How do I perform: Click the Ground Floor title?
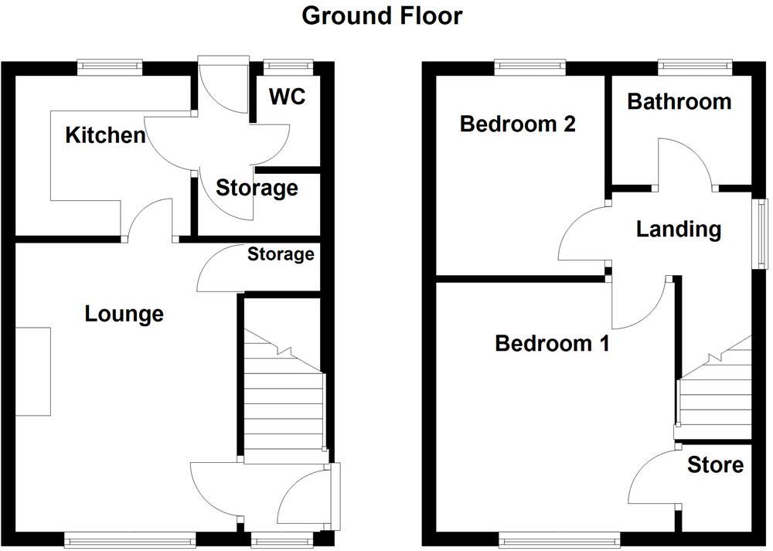tap(382, 15)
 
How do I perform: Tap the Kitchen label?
tap(105, 136)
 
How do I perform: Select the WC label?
tap(287, 97)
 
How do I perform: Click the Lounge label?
tap(124, 314)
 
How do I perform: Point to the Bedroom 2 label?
tap(517, 124)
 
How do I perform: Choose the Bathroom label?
tap(679, 101)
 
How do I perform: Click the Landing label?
tap(678, 229)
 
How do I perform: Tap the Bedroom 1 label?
tap(552, 342)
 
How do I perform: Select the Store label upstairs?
tap(715, 464)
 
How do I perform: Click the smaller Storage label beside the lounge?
tap(281, 254)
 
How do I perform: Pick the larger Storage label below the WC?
tap(257, 188)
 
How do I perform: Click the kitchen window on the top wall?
tap(110, 67)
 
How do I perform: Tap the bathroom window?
tap(694, 67)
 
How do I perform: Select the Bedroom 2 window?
tap(530, 67)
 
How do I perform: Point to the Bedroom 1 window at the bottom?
tap(559, 537)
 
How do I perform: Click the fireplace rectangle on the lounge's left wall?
tap(32, 372)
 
